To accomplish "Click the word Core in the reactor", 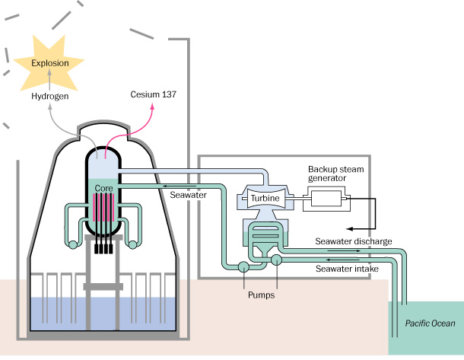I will pyautogui.click(x=103, y=186).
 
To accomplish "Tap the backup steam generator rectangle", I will pyautogui.click(x=326, y=200).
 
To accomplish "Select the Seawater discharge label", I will pyautogui.click(x=354, y=241).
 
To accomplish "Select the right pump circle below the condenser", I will pyautogui.click(x=276, y=260).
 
